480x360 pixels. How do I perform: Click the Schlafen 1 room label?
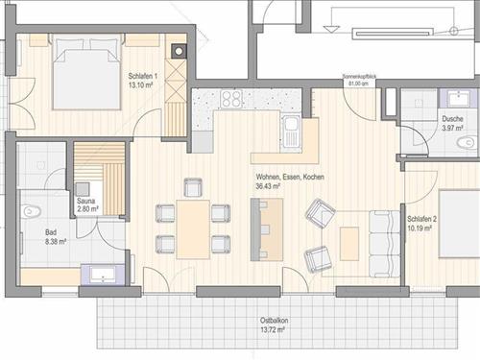click(143, 76)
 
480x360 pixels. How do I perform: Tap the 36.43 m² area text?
click(268, 186)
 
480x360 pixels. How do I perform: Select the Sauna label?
click(86, 201)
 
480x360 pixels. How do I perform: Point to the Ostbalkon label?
click(274, 321)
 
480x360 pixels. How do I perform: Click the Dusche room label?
click(452, 119)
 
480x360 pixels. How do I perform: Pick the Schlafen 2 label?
click(421, 219)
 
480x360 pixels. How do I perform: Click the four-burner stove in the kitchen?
click(231, 99)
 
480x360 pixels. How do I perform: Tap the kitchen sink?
click(292, 132)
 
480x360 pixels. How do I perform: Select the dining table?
click(193, 229)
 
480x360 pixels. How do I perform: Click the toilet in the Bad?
click(32, 211)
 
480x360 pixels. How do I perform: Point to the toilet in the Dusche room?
click(466, 142)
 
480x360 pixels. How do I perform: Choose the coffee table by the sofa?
click(349, 244)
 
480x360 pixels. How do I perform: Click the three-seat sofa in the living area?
click(384, 244)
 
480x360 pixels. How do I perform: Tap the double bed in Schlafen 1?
click(86, 73)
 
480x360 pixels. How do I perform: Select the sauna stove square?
click(83, 189)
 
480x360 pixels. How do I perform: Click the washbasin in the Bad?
click(103, 275)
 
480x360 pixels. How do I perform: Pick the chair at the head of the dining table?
click(193, 187)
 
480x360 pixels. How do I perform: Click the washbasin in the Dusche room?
click(459, 98)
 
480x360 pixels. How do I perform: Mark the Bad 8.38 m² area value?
click(57, 242)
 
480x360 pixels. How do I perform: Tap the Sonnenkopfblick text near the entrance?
click(359, 77)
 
